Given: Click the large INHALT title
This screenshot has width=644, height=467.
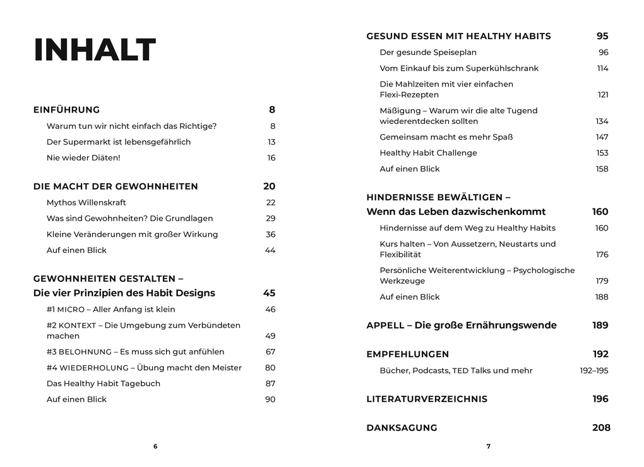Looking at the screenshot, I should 95,51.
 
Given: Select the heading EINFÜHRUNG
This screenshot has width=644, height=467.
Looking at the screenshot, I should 66,110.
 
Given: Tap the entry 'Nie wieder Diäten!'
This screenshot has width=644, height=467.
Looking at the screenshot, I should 83,158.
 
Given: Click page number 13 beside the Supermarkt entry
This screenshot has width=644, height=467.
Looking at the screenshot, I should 271,142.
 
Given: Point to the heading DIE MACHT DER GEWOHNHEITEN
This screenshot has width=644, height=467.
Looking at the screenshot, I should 116,186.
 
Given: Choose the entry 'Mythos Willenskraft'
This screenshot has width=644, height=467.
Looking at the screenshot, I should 86,203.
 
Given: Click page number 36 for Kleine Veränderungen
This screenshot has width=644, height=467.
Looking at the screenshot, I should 270,234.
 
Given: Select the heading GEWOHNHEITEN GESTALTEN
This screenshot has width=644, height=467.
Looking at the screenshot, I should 108,279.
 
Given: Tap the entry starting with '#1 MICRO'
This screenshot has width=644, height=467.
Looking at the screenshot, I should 111,310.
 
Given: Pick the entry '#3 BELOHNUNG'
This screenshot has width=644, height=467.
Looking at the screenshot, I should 135,352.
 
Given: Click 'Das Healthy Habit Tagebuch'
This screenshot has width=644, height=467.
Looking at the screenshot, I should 104,384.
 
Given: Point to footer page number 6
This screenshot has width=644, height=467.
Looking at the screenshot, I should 155,446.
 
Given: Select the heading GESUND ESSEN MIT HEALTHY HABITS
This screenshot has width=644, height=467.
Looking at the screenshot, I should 458,37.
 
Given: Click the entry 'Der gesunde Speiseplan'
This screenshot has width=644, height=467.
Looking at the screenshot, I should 428,52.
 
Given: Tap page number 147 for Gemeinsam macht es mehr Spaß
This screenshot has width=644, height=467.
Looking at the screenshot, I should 602,137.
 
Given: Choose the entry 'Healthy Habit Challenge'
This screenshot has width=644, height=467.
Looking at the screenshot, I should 428,153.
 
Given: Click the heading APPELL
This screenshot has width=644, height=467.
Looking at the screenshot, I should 462,325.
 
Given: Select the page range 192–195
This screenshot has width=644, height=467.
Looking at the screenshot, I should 594,371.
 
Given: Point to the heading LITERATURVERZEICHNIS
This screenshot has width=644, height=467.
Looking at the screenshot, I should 427,399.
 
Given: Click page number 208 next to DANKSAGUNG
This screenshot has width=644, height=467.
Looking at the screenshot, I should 601,428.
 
